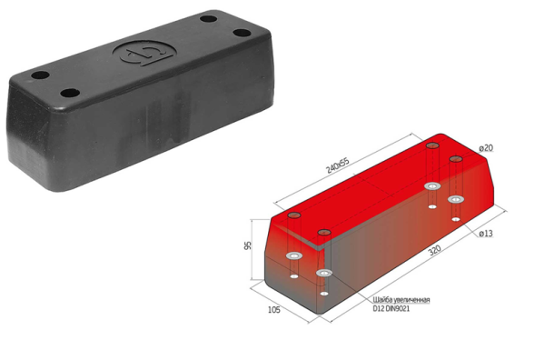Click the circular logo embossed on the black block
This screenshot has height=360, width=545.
[x=144, y=53]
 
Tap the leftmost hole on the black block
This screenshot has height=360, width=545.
[x=40, y=75]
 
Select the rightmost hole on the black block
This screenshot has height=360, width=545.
[x=242, y=33]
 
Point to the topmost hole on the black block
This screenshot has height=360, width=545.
[x=209, y=18]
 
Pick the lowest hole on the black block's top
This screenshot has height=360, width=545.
[x=70, y=93]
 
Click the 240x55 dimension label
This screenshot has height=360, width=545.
[x=337, y=165]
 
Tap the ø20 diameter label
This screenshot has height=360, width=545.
[x=486, y=148]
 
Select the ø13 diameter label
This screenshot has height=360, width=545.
[x=486, y=234]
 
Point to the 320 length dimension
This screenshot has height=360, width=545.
[x=434, y=250]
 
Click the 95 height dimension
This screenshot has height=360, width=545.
[x=248, y=245]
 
